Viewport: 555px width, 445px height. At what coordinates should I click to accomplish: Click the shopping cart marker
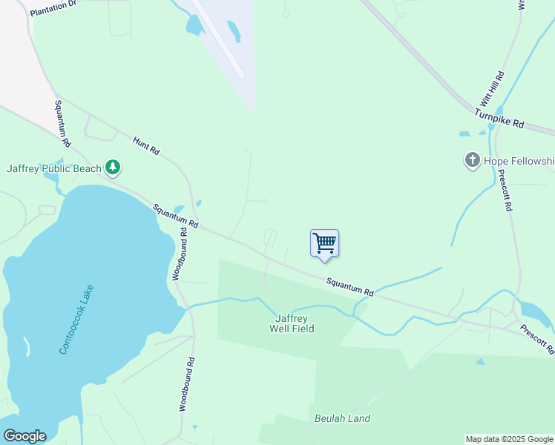coord(324,243)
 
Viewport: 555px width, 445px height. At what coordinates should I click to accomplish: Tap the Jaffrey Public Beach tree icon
coord(112,168)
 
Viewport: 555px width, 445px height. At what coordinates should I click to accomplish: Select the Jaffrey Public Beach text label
coord(53,168)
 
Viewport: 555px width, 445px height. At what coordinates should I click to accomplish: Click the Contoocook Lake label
coord(76,319)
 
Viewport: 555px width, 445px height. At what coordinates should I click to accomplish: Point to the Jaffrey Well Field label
coord(291,323)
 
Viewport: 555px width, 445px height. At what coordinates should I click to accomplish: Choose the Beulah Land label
coord(342,418)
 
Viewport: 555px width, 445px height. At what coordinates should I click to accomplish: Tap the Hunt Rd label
coord(146,145)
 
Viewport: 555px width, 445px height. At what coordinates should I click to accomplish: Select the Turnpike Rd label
coord(499,119)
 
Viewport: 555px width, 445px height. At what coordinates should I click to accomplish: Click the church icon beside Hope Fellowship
coord(472,160)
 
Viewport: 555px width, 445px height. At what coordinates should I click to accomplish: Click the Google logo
coord(24,436)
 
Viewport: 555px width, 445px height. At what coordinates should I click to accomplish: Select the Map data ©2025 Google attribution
coord(509,439)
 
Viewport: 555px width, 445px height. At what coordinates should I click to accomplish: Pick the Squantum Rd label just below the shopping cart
coord(349,287)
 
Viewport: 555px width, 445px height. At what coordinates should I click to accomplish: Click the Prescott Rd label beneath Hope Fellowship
coord(505,191)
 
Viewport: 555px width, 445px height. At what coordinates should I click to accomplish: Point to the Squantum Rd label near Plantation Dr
coord(62,123)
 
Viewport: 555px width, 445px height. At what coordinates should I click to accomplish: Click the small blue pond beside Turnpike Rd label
coord(464,134)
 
